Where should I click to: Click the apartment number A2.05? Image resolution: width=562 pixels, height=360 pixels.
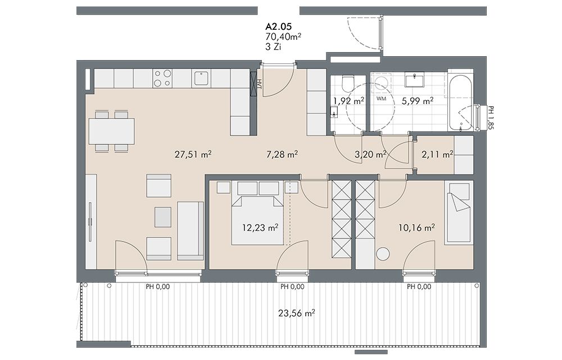point(279,26)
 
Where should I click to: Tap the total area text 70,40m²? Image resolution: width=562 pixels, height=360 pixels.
point(283,36)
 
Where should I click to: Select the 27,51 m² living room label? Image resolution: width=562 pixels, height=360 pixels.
point(193,154)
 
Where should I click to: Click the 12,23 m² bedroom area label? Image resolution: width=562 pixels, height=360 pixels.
point(260,227)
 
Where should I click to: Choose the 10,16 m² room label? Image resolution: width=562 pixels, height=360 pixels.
point(417,227)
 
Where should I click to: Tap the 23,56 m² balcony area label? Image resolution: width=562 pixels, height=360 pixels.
point(296,313)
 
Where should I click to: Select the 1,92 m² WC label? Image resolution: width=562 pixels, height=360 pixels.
point(348,101)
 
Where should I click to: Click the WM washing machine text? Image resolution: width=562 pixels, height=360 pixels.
point(382,98)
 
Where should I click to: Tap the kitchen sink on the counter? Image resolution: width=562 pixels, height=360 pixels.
point(201,79)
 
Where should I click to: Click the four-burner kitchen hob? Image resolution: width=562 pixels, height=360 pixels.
point(163,79)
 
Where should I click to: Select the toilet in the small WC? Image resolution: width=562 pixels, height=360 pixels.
point(347,83)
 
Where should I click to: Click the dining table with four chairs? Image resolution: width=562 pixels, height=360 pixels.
point(111,131)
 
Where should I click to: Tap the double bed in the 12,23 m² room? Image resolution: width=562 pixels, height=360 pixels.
point(257,220)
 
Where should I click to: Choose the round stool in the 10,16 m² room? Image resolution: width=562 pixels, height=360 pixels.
point(383,254)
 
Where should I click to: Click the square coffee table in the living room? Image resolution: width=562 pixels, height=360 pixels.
point(163,217)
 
